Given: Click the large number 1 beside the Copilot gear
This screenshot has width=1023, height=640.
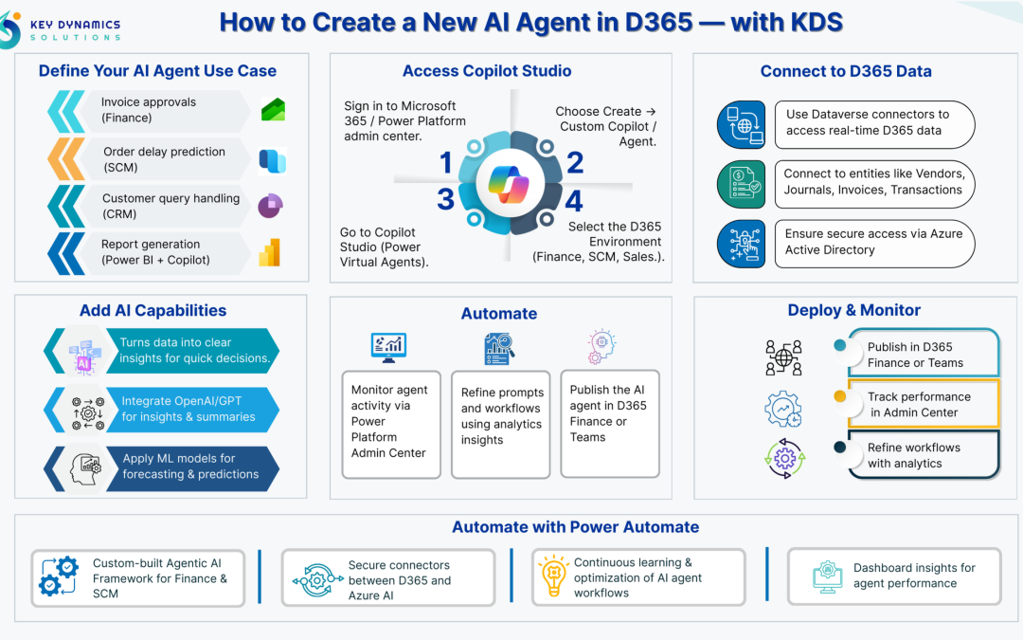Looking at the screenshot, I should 446,164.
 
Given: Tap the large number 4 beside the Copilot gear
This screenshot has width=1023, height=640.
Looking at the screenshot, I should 574,201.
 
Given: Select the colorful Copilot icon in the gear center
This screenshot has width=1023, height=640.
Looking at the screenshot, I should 510,183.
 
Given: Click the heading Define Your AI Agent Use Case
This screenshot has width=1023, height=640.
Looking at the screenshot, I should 157,71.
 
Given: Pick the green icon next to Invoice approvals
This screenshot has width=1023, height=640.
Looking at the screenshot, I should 274,110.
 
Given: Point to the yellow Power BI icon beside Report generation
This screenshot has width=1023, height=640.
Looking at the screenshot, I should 272,252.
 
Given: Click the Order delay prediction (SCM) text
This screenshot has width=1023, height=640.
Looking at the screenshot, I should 164,159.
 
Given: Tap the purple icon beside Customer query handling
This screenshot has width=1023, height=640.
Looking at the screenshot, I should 271,206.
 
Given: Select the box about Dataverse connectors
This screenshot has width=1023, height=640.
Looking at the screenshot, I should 873,123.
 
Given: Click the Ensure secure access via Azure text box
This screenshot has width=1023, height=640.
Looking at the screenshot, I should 873,242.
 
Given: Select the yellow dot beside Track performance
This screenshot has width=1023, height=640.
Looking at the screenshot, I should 839,395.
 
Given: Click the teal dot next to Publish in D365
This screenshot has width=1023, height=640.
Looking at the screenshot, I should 839,345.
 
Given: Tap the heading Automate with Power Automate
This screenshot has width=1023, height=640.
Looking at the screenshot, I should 575,527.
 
